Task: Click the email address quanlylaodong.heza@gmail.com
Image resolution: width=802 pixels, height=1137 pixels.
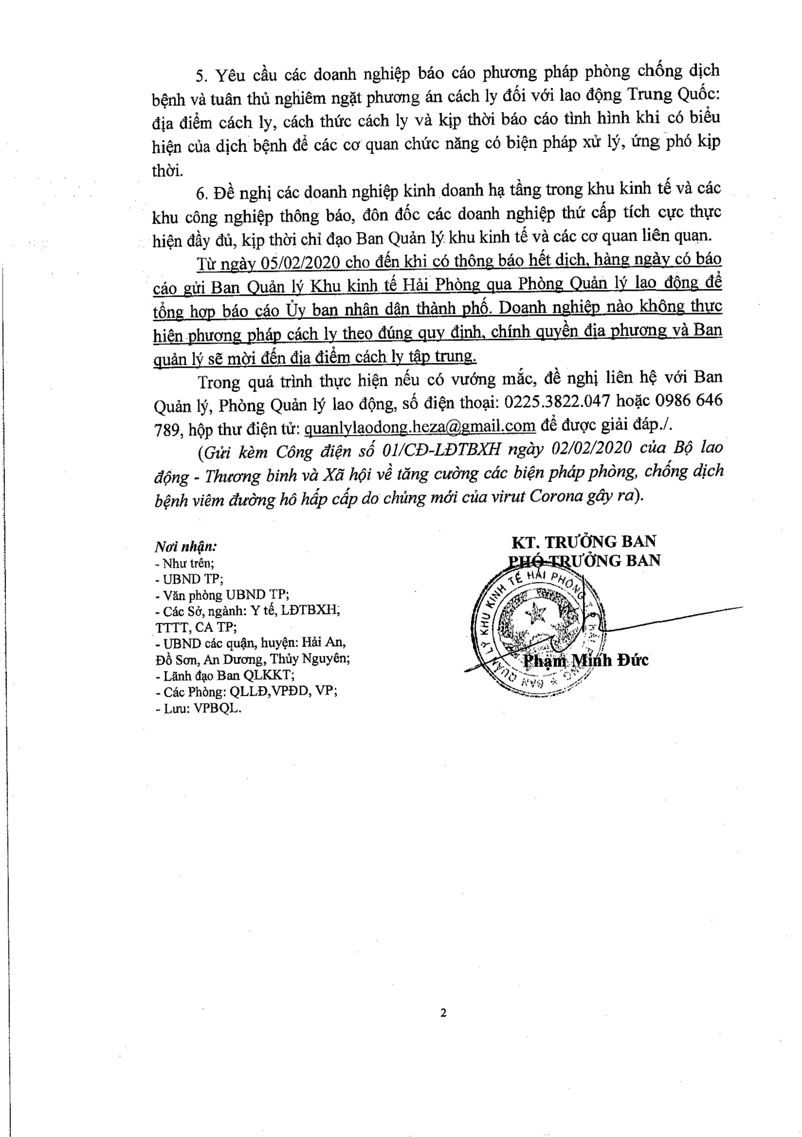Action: (420, 426)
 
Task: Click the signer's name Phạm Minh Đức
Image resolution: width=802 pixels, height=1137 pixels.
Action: (586, 660)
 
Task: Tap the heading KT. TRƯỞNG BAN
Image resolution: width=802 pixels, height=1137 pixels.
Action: (584, 542)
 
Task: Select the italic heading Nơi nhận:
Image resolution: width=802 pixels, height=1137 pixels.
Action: (186, 547)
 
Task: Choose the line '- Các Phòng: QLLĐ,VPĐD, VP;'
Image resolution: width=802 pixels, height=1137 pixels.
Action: (246, 692)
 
